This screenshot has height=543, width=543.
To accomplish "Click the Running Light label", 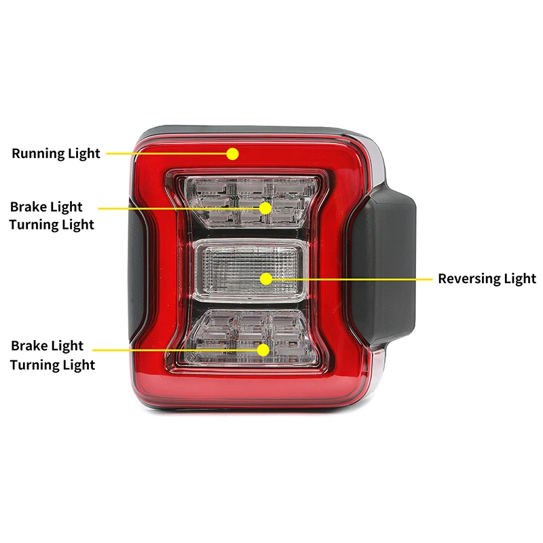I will [56, 153].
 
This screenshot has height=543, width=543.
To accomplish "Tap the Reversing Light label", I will [487, 278].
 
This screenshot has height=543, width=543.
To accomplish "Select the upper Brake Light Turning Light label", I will [52, 215].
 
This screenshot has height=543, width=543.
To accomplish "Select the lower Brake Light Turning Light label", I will [52, 356].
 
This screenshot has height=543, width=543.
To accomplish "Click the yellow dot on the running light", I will [233, 153].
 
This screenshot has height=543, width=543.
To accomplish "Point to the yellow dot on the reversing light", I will [266, 278].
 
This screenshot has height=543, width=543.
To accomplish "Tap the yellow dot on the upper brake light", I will [265, 207].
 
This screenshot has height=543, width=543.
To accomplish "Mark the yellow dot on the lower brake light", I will [263, 350].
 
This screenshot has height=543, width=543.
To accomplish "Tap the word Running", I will [37, 153].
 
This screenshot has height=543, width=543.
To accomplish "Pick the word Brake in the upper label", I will [27, 206].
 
